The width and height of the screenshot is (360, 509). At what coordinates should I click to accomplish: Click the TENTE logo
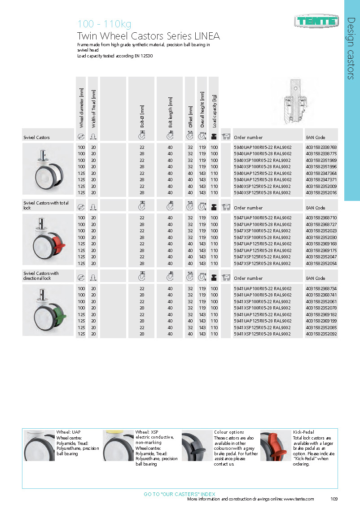(x=316, y=20)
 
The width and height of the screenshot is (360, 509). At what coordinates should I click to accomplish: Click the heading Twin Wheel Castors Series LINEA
(x=149, y=36)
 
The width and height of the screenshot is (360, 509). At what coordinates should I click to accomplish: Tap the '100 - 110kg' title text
(x=104, y=24)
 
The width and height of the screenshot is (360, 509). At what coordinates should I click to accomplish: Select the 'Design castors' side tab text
(x=351, y=48)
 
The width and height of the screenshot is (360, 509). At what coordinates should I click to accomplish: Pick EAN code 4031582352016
(x=321, y=192)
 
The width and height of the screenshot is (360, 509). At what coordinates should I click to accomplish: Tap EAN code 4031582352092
(x=321, y=334)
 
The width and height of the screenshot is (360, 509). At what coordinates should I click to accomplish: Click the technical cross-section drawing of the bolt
(x=294, y=102)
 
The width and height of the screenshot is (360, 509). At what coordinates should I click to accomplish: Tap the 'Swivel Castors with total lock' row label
(x=46, y=205)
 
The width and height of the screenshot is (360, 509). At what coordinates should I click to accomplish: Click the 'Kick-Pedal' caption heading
(x=304, y=432)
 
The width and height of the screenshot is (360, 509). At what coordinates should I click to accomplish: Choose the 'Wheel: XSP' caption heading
(x=147, y=432)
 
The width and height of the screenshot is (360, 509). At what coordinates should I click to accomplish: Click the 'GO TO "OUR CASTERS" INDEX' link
(x=180, y=494)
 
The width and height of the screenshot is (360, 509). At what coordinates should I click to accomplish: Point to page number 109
(x=334, y=499)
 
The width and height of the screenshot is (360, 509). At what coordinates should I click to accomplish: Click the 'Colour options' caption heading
(x=229, y=432)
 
